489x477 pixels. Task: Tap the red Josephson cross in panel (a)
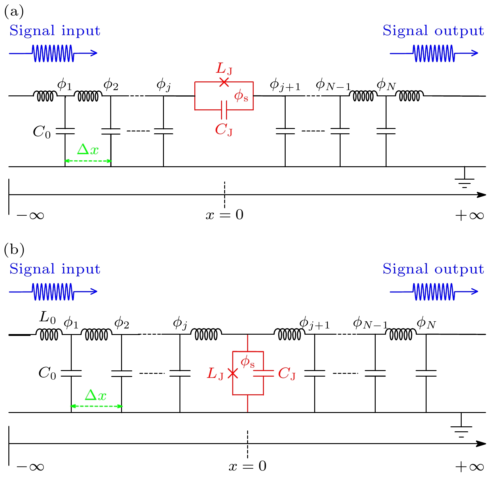click(224, 82)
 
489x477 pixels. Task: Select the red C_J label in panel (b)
click(287, 374)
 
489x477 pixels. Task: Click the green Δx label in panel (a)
click(88, 150)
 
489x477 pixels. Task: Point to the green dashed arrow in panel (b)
click(96, 406)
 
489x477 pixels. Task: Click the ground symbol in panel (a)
click(464, 181)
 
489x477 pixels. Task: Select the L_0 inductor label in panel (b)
click(48, 318)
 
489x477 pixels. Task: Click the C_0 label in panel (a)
click(42, 132)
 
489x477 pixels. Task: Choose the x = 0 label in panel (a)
click(224, 215)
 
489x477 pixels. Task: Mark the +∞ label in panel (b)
click(469, 466)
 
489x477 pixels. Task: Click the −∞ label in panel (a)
click(30, 215)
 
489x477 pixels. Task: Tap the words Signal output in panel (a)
click(433, 31)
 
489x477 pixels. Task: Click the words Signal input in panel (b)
click(55, 269)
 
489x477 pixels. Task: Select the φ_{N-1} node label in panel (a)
click(333, 85)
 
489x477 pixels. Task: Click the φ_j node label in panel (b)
click(180, 324)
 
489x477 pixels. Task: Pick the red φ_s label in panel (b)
click(247, 362)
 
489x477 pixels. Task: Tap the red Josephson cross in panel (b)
click(233, 373)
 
